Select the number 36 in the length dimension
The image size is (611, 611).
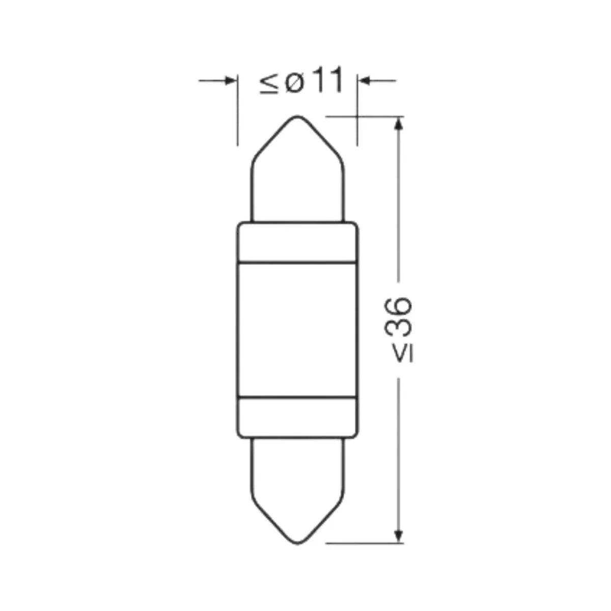click(398, 317)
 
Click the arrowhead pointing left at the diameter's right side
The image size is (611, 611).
click(364, 80)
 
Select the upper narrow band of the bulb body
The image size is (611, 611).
click(298, 243)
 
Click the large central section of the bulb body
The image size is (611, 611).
click(298, 328)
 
